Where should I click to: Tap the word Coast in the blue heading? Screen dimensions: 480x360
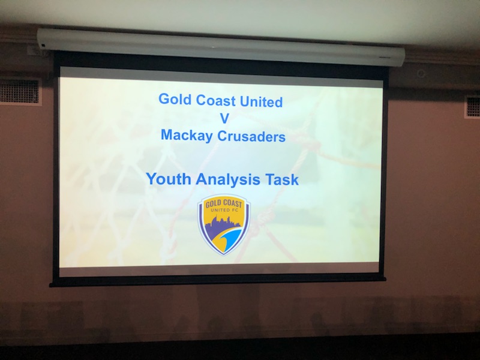pyautogui.click(x=216, y=100)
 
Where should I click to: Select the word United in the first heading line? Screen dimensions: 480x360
pyautogui.click(x=261, y=101)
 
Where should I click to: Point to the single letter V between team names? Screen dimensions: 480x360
pyautogui.click(x=224, y=118)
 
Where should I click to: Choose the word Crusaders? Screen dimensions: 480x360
pyautogui.click(x=251, y=137)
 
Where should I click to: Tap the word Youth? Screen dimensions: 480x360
pyautogui.click(x=169, y=179)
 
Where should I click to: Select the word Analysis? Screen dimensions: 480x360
pyautogui.click(x=228, y=179)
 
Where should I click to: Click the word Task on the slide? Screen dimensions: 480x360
pyautogui.click(x=281, y=179)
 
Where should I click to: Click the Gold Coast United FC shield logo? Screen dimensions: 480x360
pyautogui.click(x=224, y=225)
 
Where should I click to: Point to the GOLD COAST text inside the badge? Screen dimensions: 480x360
pyautogui.click(x=224, y=203)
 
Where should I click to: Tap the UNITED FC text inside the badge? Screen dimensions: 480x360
pyautogui.click(x=224, y=210)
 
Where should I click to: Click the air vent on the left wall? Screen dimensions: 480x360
pyautogui.click(x=20, y=92)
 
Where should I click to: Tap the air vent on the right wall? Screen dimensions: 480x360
pyautogui.click(x=472, y=107)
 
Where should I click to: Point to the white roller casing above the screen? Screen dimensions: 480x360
pyautogui.click(x=221, y=47)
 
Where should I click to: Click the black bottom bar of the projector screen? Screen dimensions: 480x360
pyautogui.click(x=218, y=282)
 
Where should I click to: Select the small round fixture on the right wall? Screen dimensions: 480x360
pyautogui.click(x=422, y=73)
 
